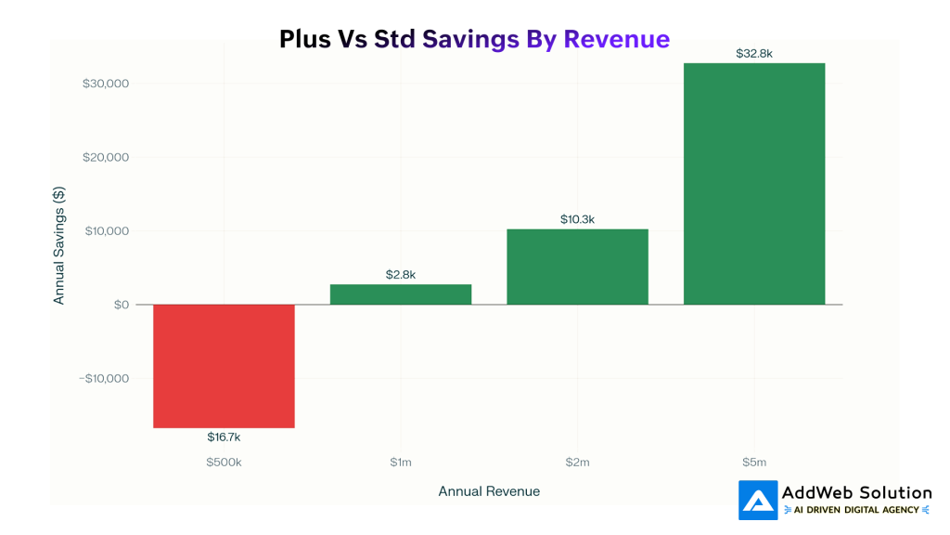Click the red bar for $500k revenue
(224, 366)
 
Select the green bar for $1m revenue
(401, 294)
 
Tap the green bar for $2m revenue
(577, 267)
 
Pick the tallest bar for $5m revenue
(753, 184)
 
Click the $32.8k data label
(753, 54)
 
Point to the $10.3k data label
(577, 219)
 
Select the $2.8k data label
(401, 275)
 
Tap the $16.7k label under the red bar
(224, 437)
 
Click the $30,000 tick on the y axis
(106, 84)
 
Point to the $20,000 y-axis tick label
(106, 157)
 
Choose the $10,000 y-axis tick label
(106, 231)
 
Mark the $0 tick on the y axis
(122, 305)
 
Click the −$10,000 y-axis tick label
(103, 378)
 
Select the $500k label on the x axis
(224, 462)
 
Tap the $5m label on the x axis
(753, 462)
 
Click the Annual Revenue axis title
(489, 491)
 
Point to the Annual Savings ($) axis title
(59, 245)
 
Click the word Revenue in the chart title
(616, 39)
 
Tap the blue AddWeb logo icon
(757, 501)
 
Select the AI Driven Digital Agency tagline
(856, 510)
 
